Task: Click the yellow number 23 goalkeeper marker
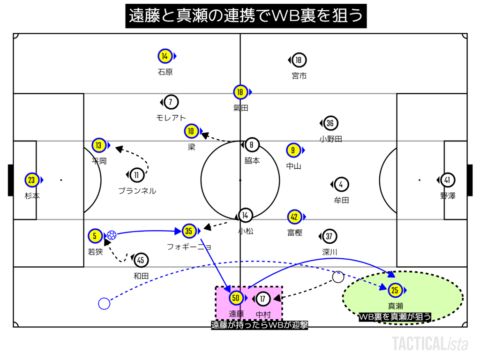(32, 180)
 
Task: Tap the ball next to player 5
(111, 235)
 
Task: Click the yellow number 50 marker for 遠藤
(236, 298)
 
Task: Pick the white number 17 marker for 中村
(263, 298)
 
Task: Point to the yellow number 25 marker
(395, 291)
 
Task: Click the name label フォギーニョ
(189, 246)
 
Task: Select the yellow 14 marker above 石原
(165, 56)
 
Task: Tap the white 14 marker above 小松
(245, 215)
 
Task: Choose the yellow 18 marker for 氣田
(240, 92)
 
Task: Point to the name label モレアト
(171, 118)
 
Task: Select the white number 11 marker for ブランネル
(137, 175)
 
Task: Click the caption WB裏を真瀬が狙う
(395, 317)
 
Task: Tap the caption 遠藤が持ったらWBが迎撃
(259, 325)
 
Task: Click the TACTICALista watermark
(430, 344)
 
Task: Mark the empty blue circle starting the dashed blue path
(104, 304)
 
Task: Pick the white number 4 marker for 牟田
(341, 184)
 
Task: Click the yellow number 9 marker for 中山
(293, 150)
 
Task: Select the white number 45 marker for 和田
(141, 260)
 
